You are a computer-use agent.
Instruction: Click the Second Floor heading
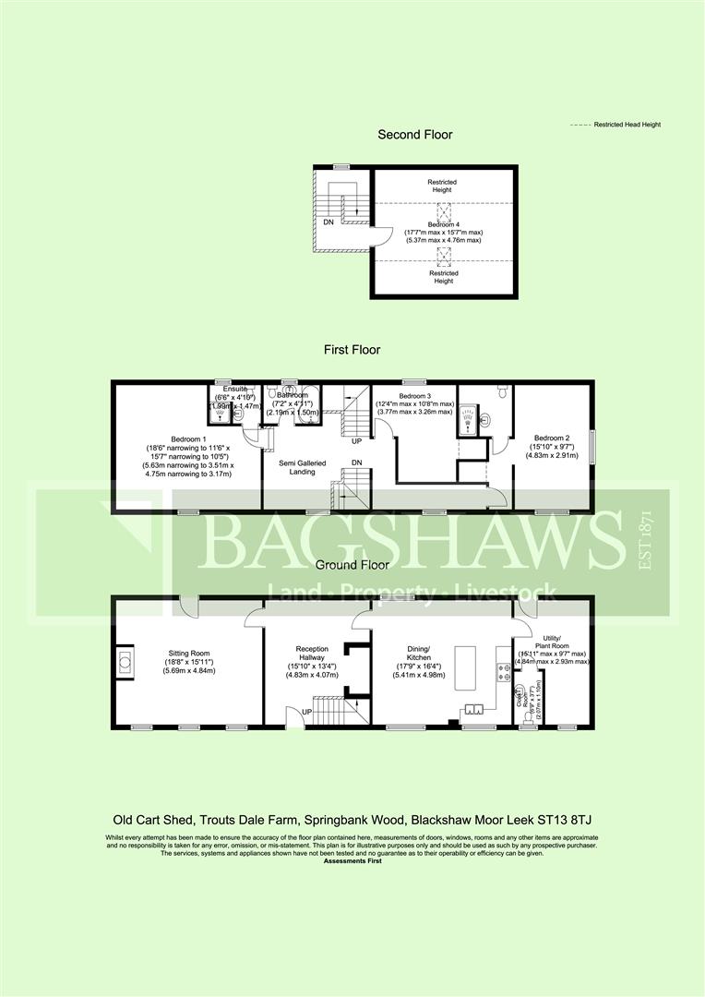coord(415,135)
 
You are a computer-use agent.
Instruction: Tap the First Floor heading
coord(352,350)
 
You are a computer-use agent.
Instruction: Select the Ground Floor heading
coord(352,564)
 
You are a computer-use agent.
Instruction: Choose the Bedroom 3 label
coord(413,394)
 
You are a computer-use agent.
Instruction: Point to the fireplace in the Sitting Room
coord(125,660)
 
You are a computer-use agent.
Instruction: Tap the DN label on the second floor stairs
coord(328,222)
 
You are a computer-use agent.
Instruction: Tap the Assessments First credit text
coord(352,860)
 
